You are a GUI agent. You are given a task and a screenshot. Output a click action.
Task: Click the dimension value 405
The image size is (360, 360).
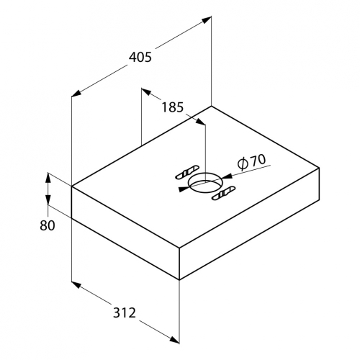point(140,57)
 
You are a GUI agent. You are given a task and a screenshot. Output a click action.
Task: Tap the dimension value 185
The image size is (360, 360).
point(173,107)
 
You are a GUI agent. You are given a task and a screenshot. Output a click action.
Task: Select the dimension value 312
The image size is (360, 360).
point(125,312)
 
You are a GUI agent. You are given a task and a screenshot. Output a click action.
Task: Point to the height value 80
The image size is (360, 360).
point(48,225)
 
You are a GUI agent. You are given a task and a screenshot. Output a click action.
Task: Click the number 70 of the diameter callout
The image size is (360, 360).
point(258,161)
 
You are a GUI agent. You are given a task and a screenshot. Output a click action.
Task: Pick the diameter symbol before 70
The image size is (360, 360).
point(243,163)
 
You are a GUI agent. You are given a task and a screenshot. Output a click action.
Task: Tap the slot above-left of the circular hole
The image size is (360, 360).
point(187,172)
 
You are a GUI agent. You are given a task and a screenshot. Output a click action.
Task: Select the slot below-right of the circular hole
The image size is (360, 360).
point(224,193)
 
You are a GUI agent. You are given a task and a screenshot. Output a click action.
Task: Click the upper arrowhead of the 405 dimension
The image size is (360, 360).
point(206,19)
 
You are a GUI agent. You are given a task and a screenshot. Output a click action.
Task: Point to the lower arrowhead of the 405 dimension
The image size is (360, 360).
point(77,94)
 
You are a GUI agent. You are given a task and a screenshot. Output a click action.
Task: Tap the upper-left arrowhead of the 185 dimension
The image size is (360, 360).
point(146,91)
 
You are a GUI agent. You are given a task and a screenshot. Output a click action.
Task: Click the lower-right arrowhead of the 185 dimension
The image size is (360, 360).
point(200,121)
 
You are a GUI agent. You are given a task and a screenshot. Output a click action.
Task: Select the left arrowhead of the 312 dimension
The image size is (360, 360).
point(76,285)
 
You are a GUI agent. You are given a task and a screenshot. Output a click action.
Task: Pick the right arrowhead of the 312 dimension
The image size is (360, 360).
point(174,339)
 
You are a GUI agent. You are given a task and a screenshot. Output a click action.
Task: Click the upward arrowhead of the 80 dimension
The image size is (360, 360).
point(48,178)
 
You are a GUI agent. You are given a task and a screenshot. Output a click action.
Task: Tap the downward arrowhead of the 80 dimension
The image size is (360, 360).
point(48,200)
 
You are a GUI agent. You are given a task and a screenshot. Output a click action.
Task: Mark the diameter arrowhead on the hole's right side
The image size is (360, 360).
point(227,176)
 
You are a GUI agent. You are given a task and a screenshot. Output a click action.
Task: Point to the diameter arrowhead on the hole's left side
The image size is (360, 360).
point(184,189)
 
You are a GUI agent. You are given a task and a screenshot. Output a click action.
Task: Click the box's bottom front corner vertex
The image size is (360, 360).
point(179,279)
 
